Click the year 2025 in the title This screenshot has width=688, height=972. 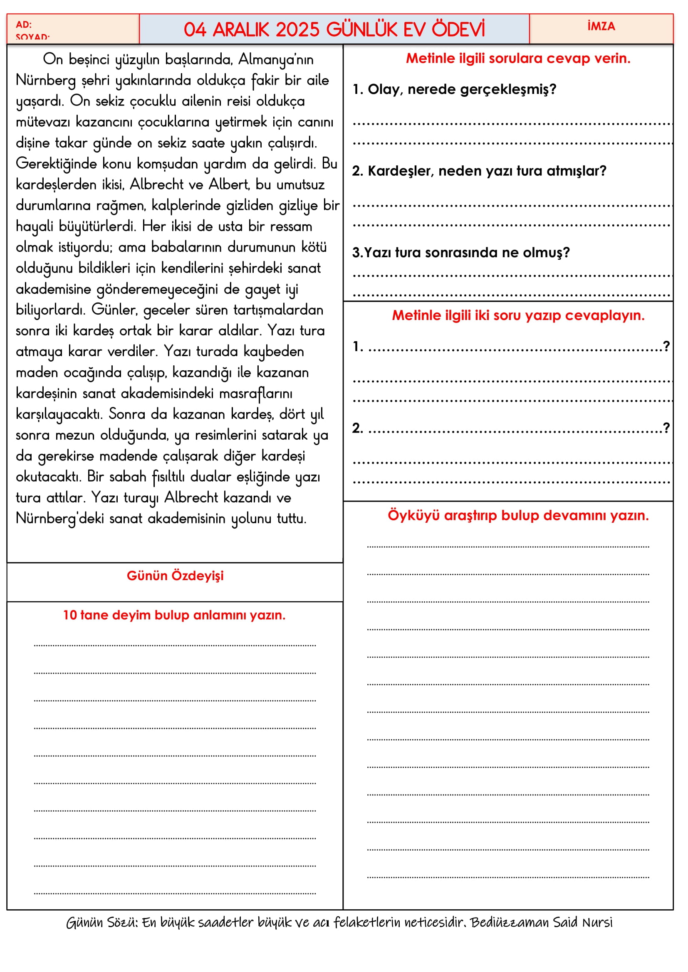(x=297, y=30)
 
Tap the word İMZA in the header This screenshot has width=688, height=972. (x=601, y=26)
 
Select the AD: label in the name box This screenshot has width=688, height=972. (x=24, y=25)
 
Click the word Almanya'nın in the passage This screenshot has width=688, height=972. (x=276, y=59)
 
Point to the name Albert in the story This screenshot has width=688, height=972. (x=229, y=185)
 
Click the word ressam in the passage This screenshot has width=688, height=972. (x=291, y=226)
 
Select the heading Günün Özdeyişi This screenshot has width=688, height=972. (x=175, y=576)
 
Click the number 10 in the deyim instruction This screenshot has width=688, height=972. (x=69, y=615)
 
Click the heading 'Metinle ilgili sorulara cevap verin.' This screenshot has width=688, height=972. (x=518, y=59)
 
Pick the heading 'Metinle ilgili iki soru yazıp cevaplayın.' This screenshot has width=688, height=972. (x=518, y=315)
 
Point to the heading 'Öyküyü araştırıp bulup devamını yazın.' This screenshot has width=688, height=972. (x=518, y=516)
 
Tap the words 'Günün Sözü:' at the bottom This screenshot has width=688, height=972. (x=101, y=922)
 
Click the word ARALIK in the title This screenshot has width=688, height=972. (x=240, y=30)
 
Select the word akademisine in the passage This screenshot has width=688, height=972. (x=53, y=289)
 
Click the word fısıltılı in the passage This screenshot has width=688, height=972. (x=168, y=477)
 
